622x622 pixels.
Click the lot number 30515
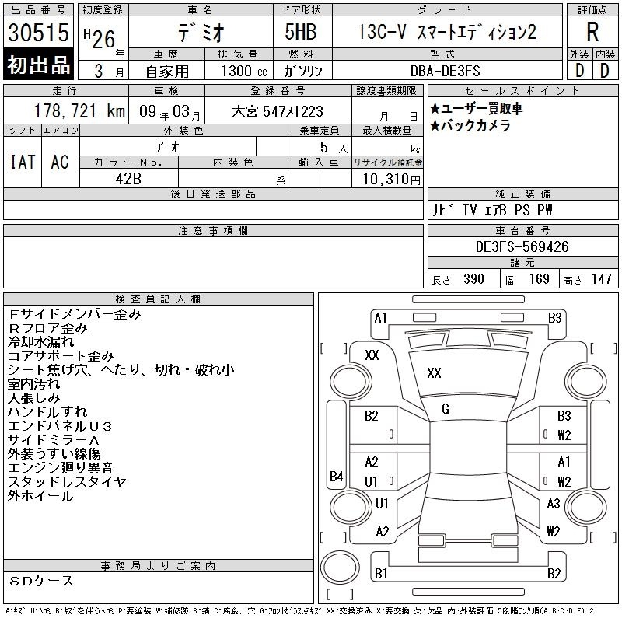38,32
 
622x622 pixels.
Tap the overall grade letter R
592,32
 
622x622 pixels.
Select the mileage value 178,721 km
80,111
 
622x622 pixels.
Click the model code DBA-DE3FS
445,71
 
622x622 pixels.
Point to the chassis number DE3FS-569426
522,246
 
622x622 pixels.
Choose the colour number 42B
128,179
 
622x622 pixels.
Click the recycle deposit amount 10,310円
392,180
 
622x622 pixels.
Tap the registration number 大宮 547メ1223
278,111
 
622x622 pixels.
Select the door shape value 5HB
301,32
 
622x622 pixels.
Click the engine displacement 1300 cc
244,71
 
